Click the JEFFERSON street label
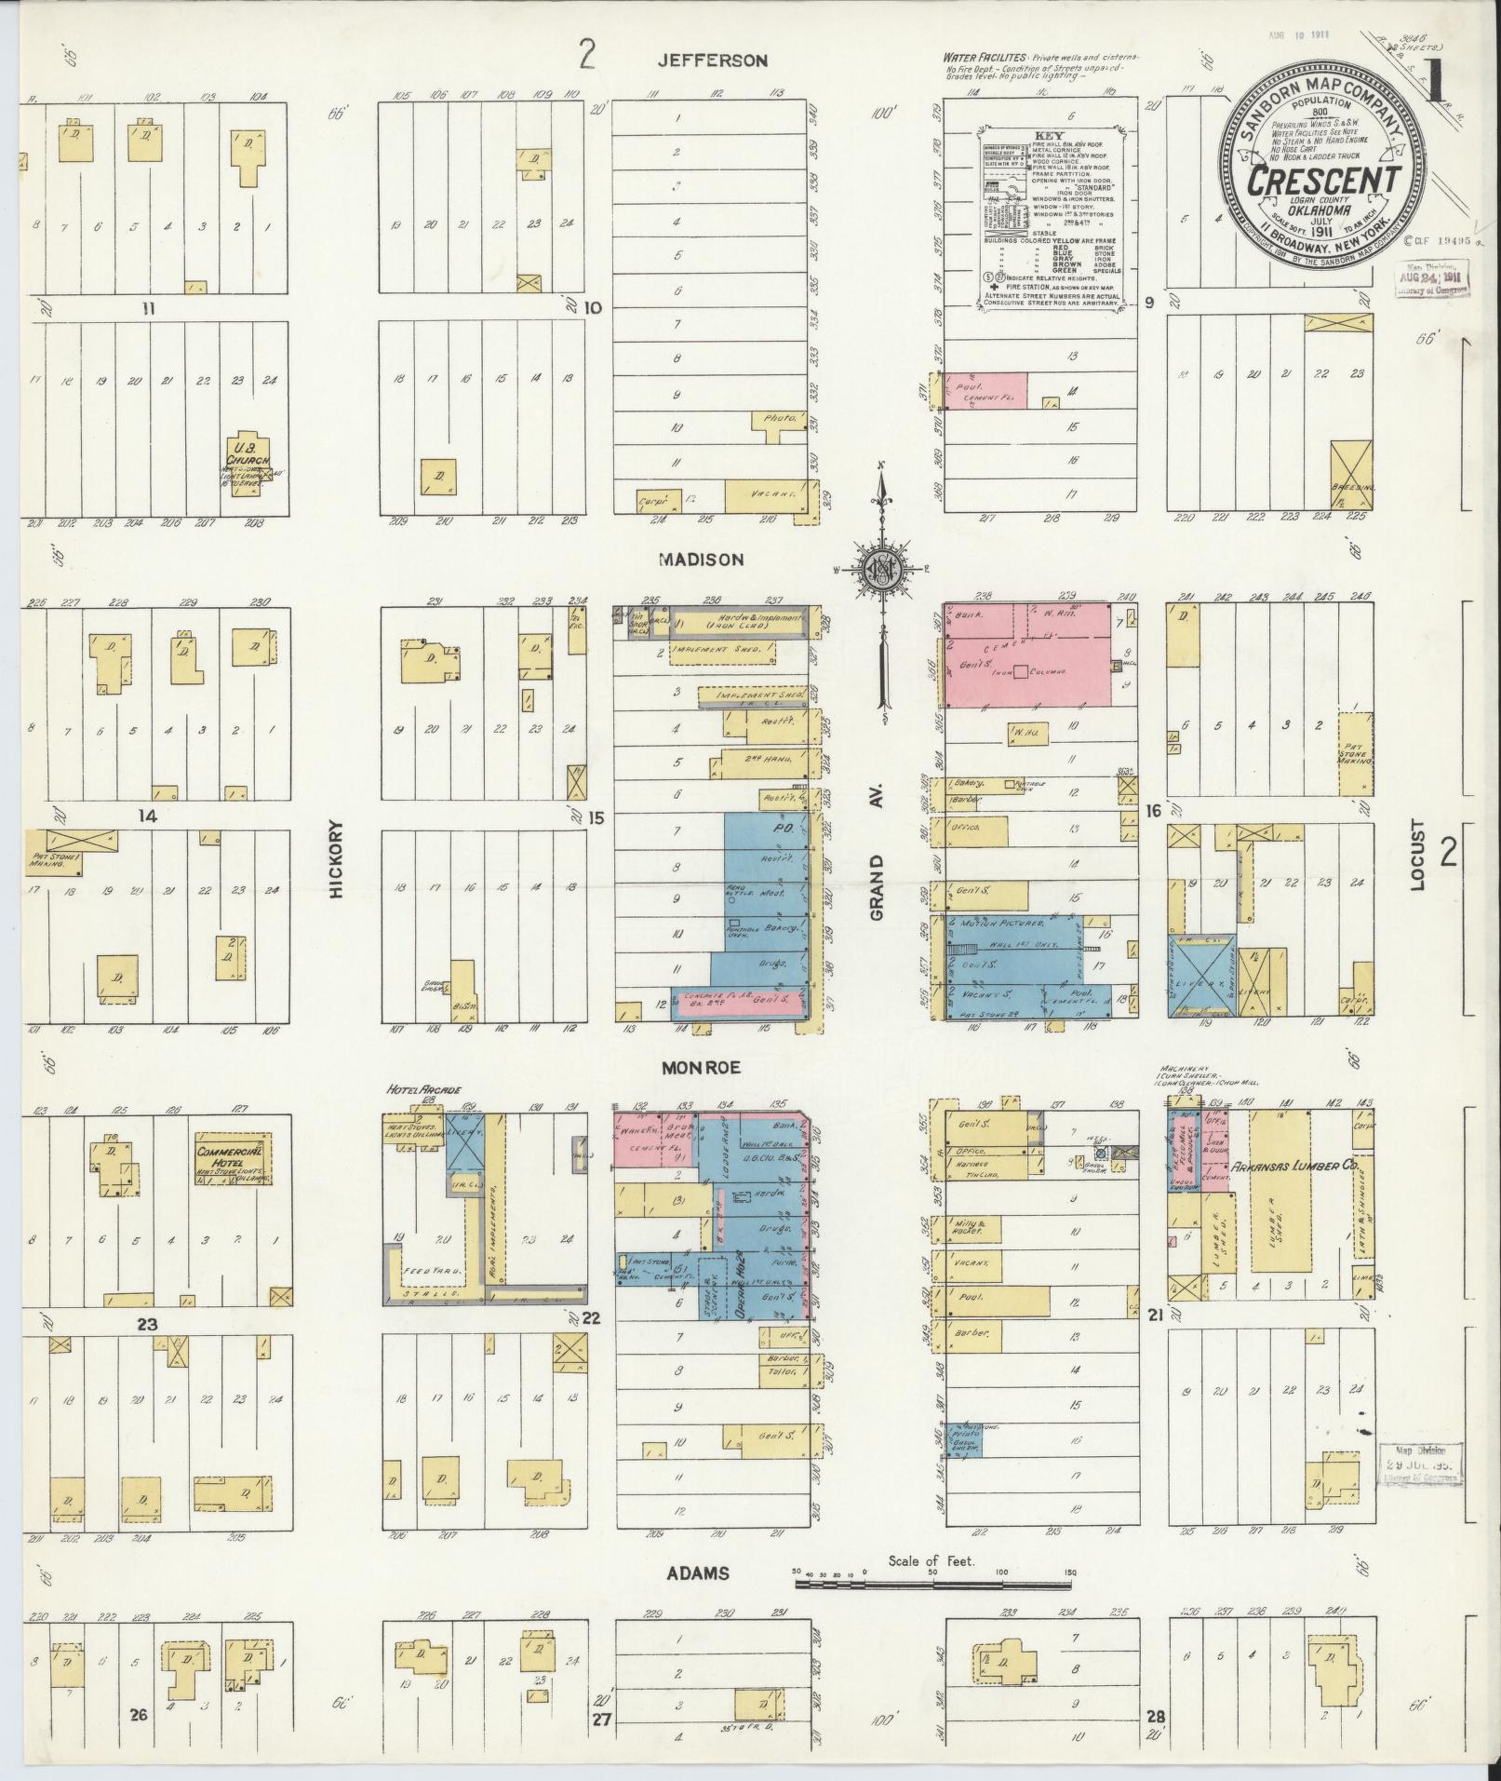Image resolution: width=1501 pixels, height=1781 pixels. (x=712, y=61)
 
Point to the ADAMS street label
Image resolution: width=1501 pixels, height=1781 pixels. (x=697, y=1573)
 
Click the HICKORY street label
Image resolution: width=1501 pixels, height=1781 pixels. (x=337, y=858)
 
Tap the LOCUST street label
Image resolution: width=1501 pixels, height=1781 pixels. (x=1416, y=855)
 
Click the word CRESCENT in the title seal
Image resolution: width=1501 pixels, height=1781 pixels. (x=1324, y=181)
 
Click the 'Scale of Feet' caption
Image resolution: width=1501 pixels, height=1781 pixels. (x=931, y=1561)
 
